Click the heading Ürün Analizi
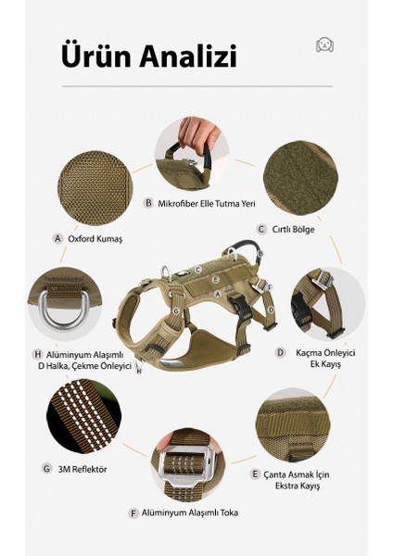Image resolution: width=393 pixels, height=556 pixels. pos(149,57)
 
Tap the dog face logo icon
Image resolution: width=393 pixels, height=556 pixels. pos(324,44)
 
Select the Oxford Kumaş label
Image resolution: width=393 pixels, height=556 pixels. pos(95,239)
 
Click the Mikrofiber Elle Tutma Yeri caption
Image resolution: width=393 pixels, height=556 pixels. pos(207,204)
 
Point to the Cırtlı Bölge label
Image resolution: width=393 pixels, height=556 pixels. pos(293,230)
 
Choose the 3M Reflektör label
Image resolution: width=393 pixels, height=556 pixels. pos(82,469)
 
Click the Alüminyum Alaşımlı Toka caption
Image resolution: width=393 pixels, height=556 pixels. pos(190,512)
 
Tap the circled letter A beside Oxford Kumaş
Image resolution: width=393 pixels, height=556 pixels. pos(57,239)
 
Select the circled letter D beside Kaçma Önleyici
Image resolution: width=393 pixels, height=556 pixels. pos(281,352)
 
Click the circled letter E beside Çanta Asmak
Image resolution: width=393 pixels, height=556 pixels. pos(255,474)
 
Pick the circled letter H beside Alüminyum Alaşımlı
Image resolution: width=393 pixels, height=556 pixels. pos(38,354)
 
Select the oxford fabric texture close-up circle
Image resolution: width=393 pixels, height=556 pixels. pos(95,188)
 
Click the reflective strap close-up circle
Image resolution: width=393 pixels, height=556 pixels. pos(84,416)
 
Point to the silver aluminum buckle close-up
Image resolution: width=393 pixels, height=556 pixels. pos(187,465)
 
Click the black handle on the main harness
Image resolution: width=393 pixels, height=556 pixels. pos(245,248)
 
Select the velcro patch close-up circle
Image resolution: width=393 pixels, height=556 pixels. pos(301,178)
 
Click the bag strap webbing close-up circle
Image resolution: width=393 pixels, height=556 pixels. pos(293,424)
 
